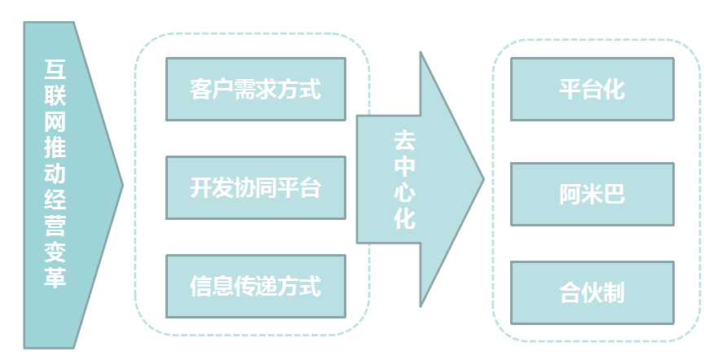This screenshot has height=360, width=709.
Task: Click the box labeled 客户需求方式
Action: (x=255, y=89)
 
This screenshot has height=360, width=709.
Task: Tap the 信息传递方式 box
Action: (x=255, y=286)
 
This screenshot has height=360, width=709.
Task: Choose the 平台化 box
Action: (x=592, y=89)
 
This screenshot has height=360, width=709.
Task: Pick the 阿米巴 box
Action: (x=592, y=195)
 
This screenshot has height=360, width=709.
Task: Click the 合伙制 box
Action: (x=592, y=292)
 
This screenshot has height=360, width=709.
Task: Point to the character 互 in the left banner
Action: (x=55, y=70)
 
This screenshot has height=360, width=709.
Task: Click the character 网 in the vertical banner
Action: (x=55, y=122)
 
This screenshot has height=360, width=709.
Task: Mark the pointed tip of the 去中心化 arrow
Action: (x=483, y=180)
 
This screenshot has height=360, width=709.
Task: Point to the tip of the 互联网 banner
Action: (x=122, y=185)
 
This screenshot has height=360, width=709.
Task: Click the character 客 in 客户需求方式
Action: (x=200, y=89)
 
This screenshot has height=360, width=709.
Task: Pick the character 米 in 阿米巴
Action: (x=592, y=195)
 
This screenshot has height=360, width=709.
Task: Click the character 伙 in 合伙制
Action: (x=592, y=292)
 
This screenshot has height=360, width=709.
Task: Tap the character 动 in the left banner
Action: (x=55, y=173)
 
